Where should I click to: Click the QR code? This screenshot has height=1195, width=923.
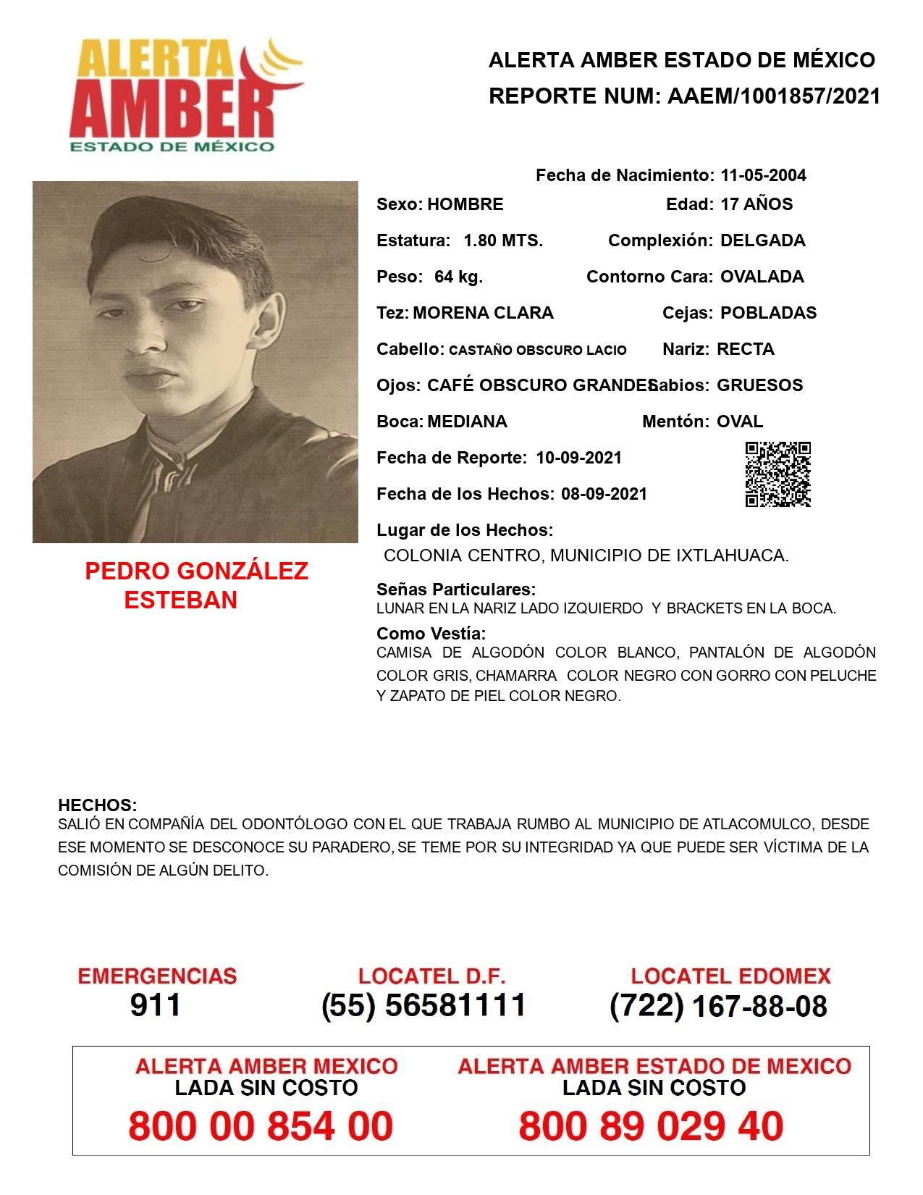[777, 474]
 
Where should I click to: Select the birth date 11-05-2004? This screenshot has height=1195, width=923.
[763, 175]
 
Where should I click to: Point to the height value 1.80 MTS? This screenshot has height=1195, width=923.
[503, 240]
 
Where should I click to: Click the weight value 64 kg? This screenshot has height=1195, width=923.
[458, 277]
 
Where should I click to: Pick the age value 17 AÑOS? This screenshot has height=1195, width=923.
[756, 204]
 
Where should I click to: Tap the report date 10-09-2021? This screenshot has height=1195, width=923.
[578, 458]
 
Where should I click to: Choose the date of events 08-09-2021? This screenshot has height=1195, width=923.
[604, 494]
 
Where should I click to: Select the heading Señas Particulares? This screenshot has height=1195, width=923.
[456, 589]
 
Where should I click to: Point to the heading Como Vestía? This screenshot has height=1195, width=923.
[431, 633]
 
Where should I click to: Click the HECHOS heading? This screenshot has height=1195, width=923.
[97, 805]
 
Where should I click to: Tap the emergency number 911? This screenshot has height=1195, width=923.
[156, 1005]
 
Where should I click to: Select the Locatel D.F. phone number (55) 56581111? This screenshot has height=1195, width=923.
[423, 1005]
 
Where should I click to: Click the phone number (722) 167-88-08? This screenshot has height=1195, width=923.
[718, 1006]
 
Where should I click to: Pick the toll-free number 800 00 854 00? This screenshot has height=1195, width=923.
[261, 1127]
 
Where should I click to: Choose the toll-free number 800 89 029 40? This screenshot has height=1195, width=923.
[651, 1127]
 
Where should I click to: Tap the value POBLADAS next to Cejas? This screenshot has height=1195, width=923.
[768, 313]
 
